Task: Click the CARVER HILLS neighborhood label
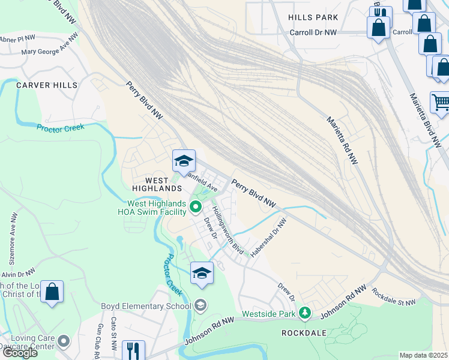pyautogui.click(x=47, y=85)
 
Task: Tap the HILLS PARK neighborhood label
pyautogui.click(x=313, y=18)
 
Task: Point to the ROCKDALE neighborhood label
pyautogui.click(x=304, y=332)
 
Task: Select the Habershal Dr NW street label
pyautogui.click(x=269, y=238)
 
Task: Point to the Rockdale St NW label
pyautogui.click(x=394, y=298)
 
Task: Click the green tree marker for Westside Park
pyautogui.click(x=305, y=313)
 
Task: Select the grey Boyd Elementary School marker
pyautogui.click(x=200, y=306)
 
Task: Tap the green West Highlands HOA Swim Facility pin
pyautogui.click(x=195, y=208)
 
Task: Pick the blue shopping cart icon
pyautogui.click(x=440, y=103)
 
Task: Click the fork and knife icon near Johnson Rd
pyautogui.click(x=133, y=350)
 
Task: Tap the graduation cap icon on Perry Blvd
pyautogui.click(x=184, y=161)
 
